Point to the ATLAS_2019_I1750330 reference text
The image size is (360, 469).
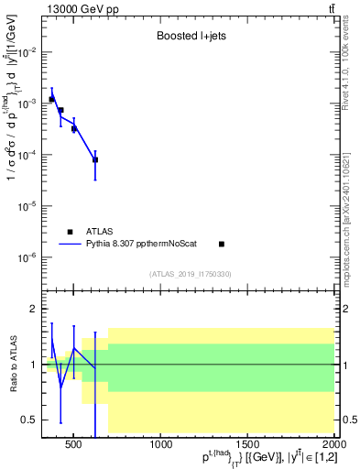190,274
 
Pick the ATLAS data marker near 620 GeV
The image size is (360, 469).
95,159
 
